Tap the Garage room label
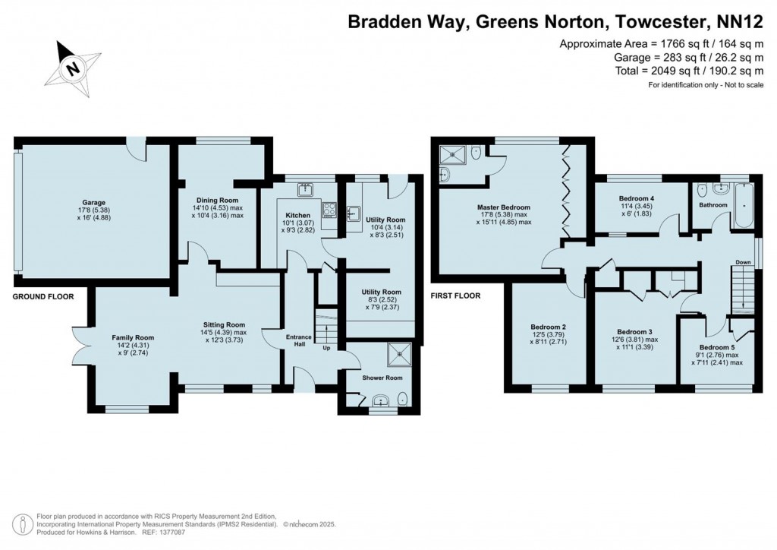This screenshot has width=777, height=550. click(95, 203)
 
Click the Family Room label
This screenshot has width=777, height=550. click(133, 338)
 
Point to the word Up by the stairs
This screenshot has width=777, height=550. click(327, 349)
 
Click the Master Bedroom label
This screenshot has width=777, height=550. click(503, 207)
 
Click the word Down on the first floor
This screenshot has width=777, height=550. click(742, 263)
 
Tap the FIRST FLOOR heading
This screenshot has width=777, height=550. click(456, 296)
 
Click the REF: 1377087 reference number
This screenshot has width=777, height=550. click(164, 533)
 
